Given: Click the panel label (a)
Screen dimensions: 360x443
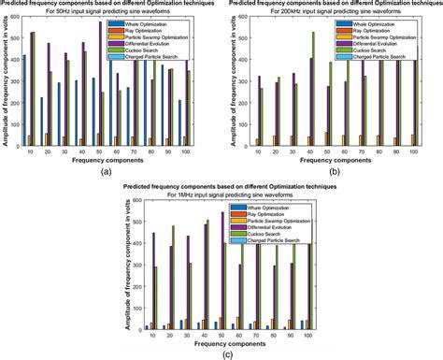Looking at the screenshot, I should (109, 171).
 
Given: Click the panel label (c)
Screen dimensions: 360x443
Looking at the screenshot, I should (221, 353).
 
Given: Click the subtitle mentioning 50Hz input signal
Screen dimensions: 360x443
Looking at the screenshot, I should (110, 13).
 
